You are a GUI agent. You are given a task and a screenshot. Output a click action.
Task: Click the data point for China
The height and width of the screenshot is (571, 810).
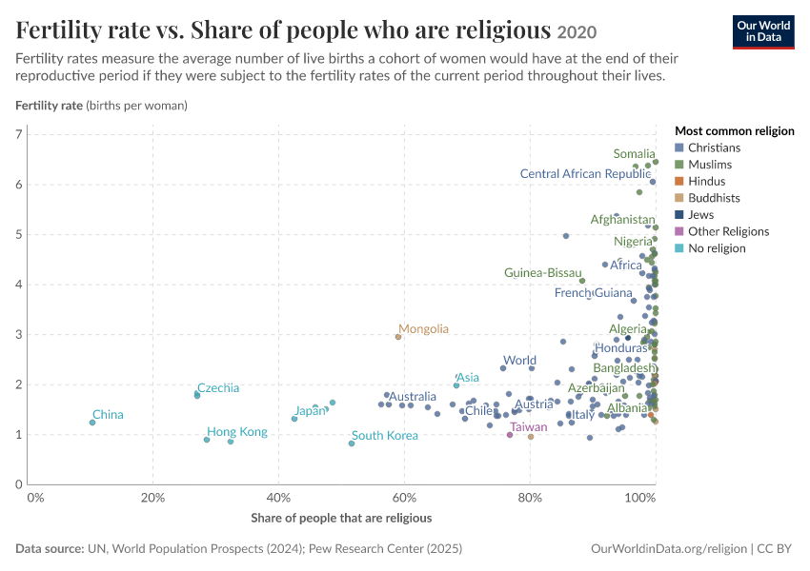coord(92,423)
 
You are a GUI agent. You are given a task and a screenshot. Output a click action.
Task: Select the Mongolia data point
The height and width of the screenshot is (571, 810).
coord(398,337)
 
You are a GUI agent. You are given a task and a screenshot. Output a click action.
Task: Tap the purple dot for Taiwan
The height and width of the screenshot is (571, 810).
coord(510,435)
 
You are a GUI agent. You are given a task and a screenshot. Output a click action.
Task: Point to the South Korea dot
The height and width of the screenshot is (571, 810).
coord(352,443)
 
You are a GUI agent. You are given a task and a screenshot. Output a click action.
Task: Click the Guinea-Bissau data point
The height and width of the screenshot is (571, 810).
coord(582,281)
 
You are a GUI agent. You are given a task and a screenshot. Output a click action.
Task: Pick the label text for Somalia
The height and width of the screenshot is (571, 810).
coord(634,154)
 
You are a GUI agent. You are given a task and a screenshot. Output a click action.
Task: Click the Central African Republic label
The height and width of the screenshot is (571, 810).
coord(585,174)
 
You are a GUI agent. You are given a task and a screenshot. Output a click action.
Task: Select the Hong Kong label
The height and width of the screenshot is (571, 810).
coord(237,432)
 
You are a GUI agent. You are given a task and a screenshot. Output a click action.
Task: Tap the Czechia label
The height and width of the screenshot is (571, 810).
coord(218,388)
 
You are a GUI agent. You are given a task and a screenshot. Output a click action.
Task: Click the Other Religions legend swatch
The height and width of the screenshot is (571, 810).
coord(679,231)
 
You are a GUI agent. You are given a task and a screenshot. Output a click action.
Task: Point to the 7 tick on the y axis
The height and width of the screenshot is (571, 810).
coord(19,134)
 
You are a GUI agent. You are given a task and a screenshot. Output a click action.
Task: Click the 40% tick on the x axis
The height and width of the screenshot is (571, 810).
coord(278,498)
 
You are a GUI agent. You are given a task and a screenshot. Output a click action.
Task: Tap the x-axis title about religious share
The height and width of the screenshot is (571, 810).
coord(341,518)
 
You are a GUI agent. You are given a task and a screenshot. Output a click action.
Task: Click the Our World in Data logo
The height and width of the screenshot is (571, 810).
coord(763,32)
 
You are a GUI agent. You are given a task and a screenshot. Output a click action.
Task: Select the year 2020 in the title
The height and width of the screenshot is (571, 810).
coord(577,32)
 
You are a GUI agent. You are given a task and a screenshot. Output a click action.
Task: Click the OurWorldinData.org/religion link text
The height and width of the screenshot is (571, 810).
coord(669,549)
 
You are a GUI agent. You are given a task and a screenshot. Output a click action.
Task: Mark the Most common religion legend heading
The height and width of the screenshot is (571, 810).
coord(735,131)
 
